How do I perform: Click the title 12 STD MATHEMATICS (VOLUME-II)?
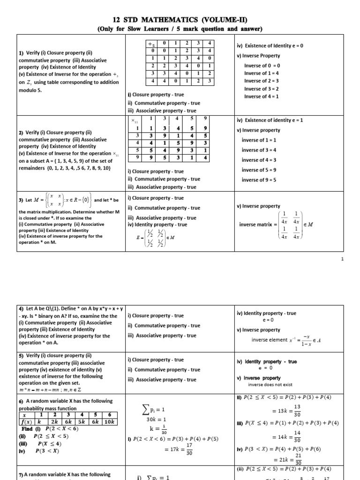[x=180, y=19]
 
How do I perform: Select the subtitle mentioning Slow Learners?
[x=180, y=29]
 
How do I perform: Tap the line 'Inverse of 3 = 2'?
[x=262, y=89]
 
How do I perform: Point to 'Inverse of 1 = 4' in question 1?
[x=262, y=73]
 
